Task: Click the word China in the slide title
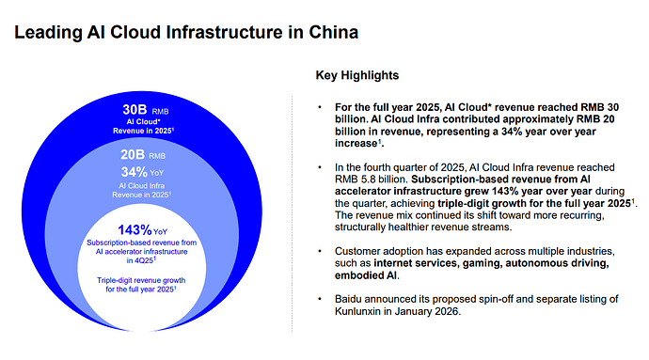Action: tap(333, 32)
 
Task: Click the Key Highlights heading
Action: tap(357, 75)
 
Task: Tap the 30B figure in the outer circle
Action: tap(135, 110)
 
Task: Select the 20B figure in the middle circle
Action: tap(133, 155)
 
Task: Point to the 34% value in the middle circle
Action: tap(135, 172)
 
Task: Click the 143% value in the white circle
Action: tap(135, 229)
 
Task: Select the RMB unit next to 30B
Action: tap(160, 111)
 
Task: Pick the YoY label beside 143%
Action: tap(160, 232)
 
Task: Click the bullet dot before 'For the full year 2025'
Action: tap(320, 107)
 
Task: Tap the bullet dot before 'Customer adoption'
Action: tap(320, 251)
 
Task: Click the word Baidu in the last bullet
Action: tap(348, 299)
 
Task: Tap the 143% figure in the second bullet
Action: tap(503, 192)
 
